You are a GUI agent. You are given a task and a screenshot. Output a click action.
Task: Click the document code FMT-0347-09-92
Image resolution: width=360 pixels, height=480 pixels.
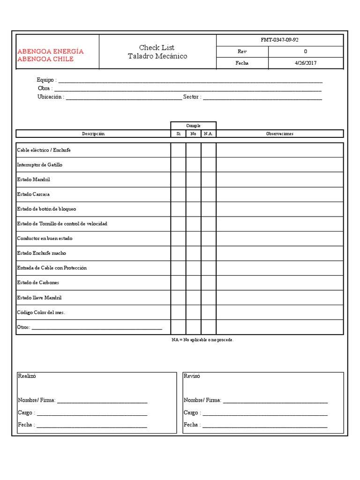point(279,40)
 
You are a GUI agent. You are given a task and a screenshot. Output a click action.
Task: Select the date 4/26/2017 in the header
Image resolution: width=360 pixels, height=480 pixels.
point(306,63)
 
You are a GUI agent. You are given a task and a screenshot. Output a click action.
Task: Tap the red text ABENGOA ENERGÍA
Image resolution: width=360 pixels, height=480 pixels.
point(50,51)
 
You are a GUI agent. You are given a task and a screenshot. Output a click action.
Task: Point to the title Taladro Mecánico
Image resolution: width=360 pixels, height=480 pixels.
point(157,56)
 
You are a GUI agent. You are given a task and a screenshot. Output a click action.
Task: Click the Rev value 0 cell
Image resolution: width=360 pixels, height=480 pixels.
point(306,52)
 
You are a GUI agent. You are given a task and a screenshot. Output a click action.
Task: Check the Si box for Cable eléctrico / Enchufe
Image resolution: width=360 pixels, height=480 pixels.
point(178,150)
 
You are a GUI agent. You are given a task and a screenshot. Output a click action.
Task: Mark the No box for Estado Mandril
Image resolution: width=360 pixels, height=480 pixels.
point(194,180)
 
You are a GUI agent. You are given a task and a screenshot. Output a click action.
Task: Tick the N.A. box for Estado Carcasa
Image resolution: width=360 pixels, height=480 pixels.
point(209,194)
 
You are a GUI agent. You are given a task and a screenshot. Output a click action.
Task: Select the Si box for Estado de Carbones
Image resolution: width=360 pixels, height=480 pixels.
point(178,283)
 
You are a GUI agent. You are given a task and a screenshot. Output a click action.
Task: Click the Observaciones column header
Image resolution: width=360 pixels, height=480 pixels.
point(279,134)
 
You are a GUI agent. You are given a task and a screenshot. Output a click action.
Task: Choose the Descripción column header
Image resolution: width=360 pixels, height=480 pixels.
point(93,134)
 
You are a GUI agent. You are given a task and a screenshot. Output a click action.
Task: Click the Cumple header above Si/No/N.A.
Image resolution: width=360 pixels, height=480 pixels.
point(193,126)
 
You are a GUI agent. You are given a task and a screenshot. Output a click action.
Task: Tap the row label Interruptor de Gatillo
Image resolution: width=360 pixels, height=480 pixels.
point(39,165)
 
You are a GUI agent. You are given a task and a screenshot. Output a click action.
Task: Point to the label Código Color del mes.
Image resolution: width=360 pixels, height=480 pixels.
point(41,313)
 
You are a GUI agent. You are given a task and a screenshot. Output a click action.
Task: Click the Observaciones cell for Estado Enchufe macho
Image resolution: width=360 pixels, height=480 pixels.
point(279,253)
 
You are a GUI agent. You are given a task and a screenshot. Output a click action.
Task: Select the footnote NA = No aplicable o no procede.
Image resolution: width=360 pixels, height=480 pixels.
point(202,339)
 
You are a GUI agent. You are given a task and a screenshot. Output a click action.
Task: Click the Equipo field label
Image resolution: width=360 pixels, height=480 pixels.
point(46,80)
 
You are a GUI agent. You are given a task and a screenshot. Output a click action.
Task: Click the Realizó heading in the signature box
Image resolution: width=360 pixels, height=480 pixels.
point(27,376)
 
